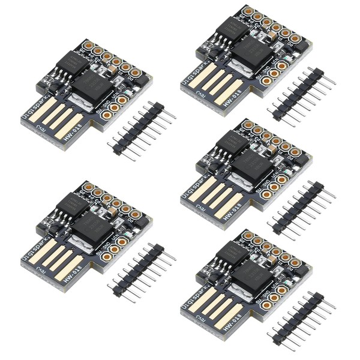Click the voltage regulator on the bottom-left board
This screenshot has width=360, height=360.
pos(89,226)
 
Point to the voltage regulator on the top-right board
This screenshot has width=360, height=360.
pos(248,51)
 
